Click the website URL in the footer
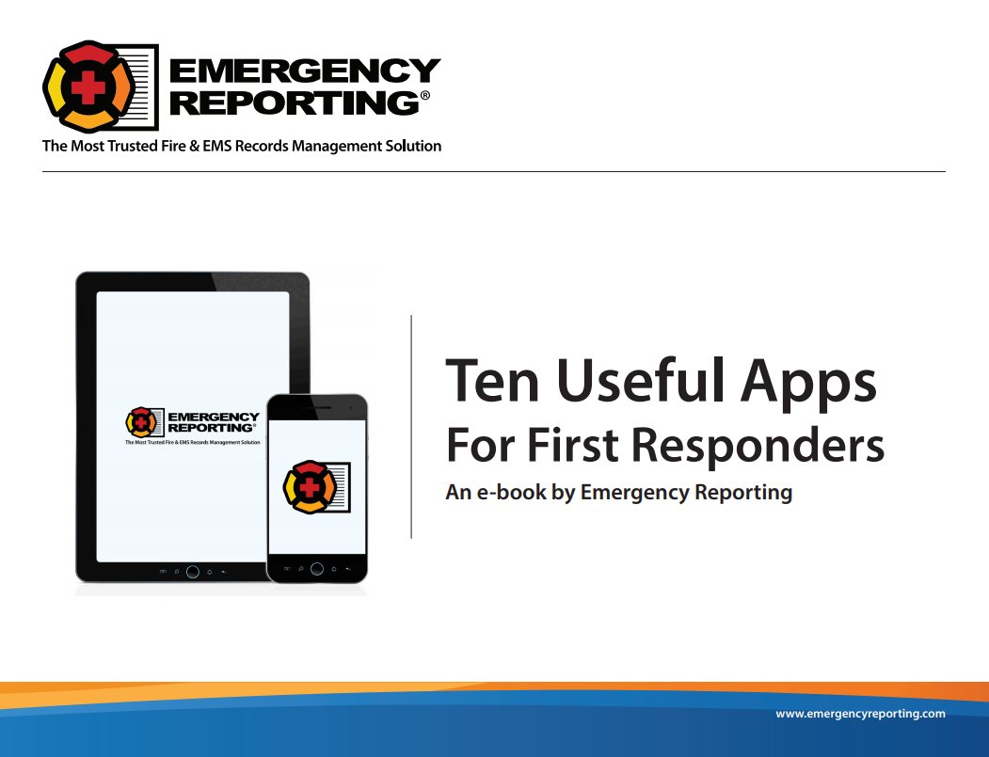tap(860, 714)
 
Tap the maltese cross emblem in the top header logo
tap(88, 86)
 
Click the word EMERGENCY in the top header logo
tap(304, 71)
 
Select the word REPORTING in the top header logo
tap(292, 103)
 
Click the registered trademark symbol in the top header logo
tap(424, 96)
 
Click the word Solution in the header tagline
tap(407, 146)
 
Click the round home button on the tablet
tap(192, 571)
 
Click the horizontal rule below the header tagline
tap(494, 171)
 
